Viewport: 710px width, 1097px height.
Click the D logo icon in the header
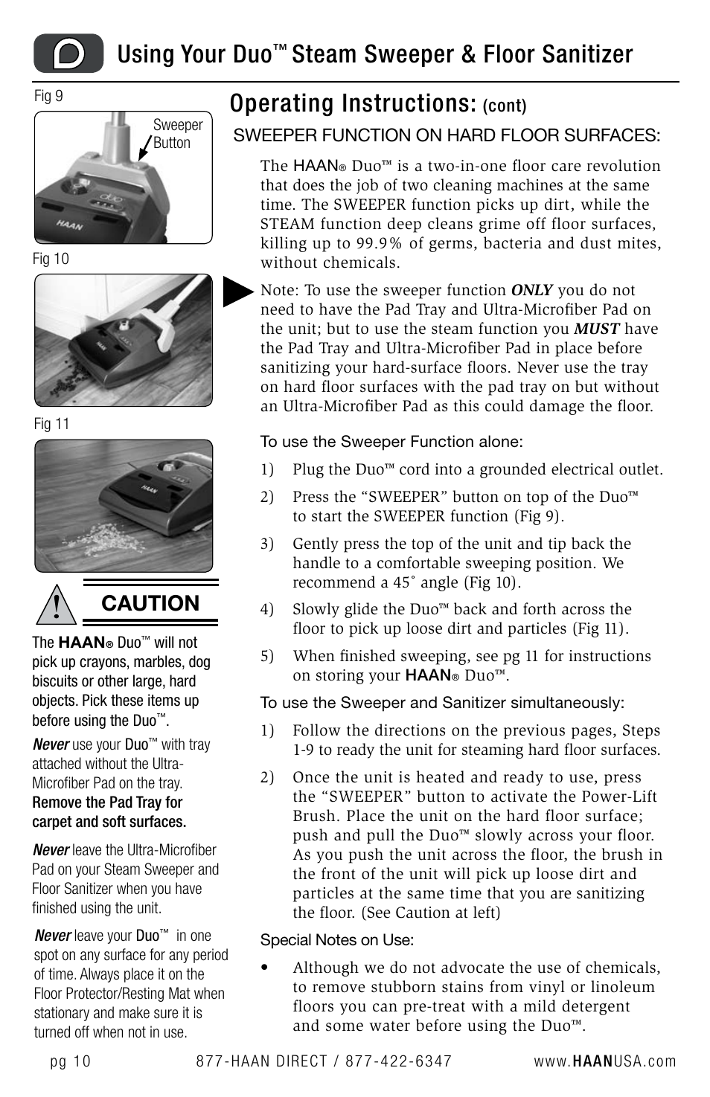(x=68, y=54)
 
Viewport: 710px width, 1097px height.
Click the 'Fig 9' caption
(x=48, y=96)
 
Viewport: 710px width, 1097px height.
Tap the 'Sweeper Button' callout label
(x=177, y=134)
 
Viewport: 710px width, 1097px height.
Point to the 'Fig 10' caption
(x=51, y=259)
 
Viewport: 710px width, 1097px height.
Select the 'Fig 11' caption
(x=51, y=424)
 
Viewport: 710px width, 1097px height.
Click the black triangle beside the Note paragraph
(x=238, y=291)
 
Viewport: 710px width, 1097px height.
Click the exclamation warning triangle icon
(x=56, y=603)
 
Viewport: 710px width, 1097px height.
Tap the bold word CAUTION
(x=150, y=603)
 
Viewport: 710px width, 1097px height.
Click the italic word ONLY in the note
(x=531, y=291)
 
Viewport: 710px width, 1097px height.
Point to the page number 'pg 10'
(x=71, y=1061)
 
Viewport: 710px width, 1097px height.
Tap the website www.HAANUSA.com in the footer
(x=604, y=1061)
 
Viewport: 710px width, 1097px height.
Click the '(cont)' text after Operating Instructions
(x=505, y=106)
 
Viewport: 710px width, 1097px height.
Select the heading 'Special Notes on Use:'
(x=336, y=940)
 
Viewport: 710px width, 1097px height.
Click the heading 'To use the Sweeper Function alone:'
(x=391, y=442)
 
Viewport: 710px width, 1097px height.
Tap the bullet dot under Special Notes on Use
(x=264, y=968)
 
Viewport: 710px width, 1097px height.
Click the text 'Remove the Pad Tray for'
(x=107, y=802)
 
